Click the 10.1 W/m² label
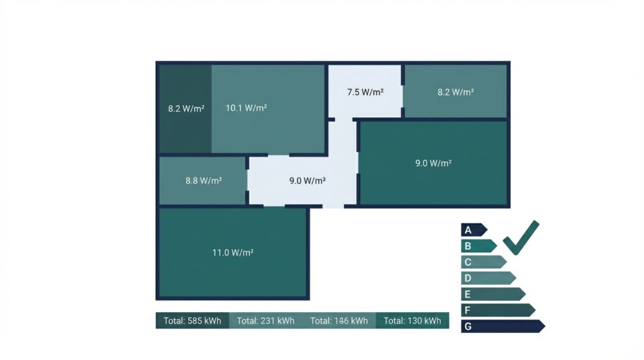pyautogui.click(x=247, y=108)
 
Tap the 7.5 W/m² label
pyautogui.click(x=365, y=92)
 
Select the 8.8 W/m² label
pyautogui.click(x=204, y=181)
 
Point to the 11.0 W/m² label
pyautogui.click(x=233, y=252)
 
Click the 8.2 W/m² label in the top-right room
pyautogui.click(x=455, y=92)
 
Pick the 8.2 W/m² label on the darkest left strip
pyautogui.click(x=186, y=109)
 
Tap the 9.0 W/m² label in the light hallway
pyautogui.click(x=307, y=181)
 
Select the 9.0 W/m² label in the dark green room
pyautogui.click(x=433, y=163)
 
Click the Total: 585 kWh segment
pyautogui.click(x=192, y=320)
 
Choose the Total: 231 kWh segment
pyautogui.click(x=266, y=320)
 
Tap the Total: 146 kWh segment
pyautogui.click(x=339, y=320)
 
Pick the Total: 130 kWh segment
pyautogui.click(x=413, y=320)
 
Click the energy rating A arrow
pyautogui.click(x=474, y=230)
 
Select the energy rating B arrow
pyautogui.click(x=479, y=245)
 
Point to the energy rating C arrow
pyautogui.click(x=484, y=262)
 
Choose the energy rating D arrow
pyautogui.click(x=488, y=278)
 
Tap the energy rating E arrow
pyautogui.click(x=493, y=294)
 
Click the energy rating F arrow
pyautogui.click(x=498, y=310)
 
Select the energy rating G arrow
pyautogui.click(x=503, y=326)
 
